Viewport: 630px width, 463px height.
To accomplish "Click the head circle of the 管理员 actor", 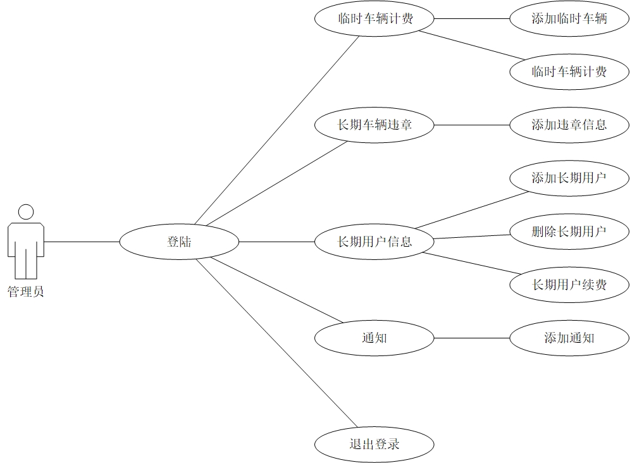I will [x=26, y=212].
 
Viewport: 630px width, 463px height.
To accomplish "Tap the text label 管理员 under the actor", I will [x=26, y=292].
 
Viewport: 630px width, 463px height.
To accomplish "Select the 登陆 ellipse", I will [x=180, y=242].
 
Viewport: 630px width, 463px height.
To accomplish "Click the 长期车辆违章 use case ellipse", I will [x=374, y=125].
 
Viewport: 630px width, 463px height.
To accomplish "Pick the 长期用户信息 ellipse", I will [x=374, y=242].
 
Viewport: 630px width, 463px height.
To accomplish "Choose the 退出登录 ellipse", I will [x=374, y=444].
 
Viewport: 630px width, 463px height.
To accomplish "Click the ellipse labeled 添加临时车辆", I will [x=569, y=18].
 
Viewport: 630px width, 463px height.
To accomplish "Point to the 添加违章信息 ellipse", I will [x=569, y=125].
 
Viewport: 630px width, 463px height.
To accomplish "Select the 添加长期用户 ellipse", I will [x=569, y=178].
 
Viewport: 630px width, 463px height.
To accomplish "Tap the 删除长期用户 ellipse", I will [x=569, y=231].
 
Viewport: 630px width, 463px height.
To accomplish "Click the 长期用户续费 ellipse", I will [x=569, y=285].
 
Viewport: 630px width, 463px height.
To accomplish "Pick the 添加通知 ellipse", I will [x=569, y=338].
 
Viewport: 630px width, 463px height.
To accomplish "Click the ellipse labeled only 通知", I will [x=374, y=338].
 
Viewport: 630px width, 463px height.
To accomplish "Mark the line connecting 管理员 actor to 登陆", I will [x=82, y=242].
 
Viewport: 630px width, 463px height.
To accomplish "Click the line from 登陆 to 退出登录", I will [x=277, y=342].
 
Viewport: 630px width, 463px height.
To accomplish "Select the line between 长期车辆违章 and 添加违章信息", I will [x=472, y=125].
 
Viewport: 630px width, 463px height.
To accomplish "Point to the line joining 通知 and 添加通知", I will [x=472, y=338].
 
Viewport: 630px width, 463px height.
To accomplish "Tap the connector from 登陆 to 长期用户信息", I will [x=277, y=242].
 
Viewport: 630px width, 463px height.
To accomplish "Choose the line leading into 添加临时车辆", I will [x=472, y=18].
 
